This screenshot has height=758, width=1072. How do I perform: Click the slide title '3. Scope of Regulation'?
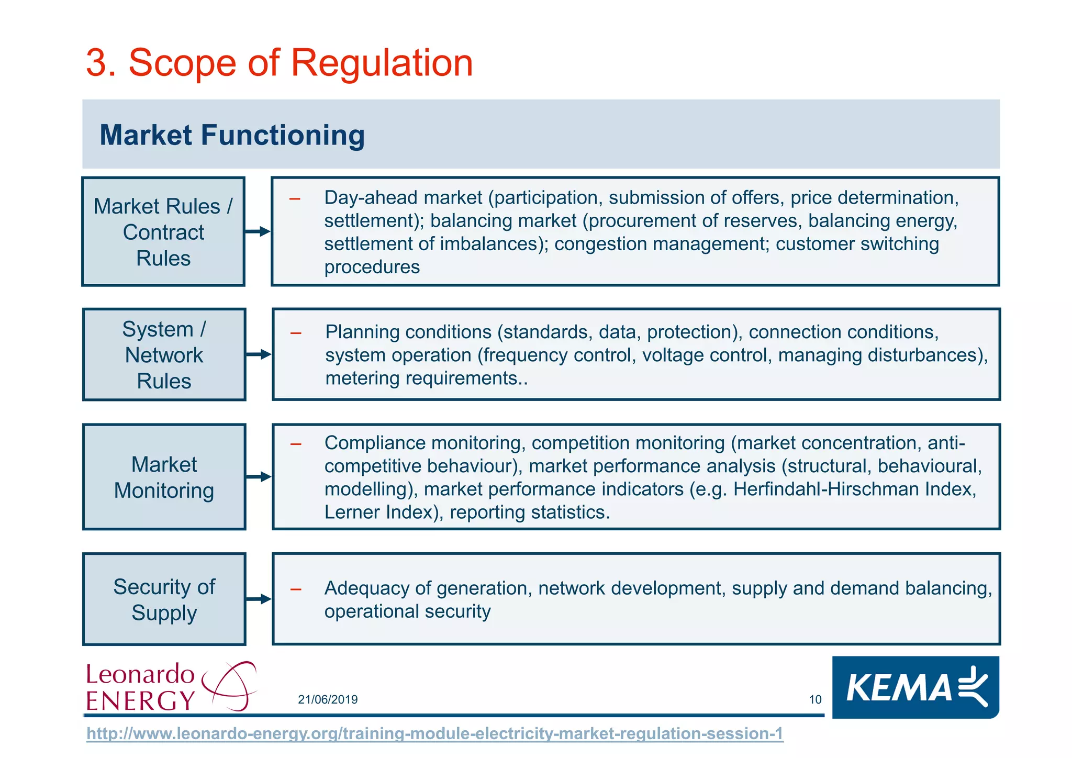[279, 63]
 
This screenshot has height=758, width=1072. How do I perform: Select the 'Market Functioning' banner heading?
[232, 135]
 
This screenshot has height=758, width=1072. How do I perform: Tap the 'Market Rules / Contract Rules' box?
[163, 232]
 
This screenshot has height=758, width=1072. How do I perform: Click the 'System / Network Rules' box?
[164, 354]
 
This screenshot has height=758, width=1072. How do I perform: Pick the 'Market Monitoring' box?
[164, 477]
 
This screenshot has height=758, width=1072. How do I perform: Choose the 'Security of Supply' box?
[164, 599]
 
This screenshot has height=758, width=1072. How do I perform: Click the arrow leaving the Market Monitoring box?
[259, 477]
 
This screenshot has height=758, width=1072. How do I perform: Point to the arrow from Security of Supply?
[259, 599]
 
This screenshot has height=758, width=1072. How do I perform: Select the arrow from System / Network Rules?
[259, 354]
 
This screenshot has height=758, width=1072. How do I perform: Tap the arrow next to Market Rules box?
[258, 231]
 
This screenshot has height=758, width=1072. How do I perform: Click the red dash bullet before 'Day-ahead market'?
[295, 199]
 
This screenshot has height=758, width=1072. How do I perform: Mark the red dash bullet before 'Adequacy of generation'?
[296, 589]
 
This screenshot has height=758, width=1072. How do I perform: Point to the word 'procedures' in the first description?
[372, 267]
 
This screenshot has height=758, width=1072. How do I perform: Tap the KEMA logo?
[915, 687]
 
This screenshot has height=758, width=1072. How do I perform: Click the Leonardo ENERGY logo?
[170, 686]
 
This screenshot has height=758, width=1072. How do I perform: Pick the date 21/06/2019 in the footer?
[328, 699]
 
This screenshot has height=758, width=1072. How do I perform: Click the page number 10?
[815, 699]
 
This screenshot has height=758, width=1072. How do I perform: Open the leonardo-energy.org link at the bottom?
[434, 733]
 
